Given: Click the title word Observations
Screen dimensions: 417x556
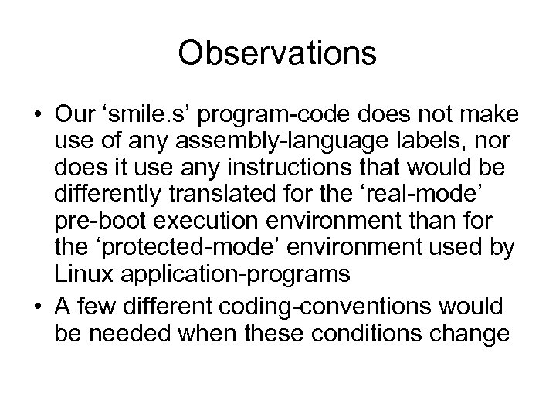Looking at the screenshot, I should (x=277, y=53).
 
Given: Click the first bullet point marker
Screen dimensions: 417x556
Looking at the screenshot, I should (x=37, y=117).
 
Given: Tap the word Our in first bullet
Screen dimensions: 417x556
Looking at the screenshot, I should (x=72, y=115).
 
